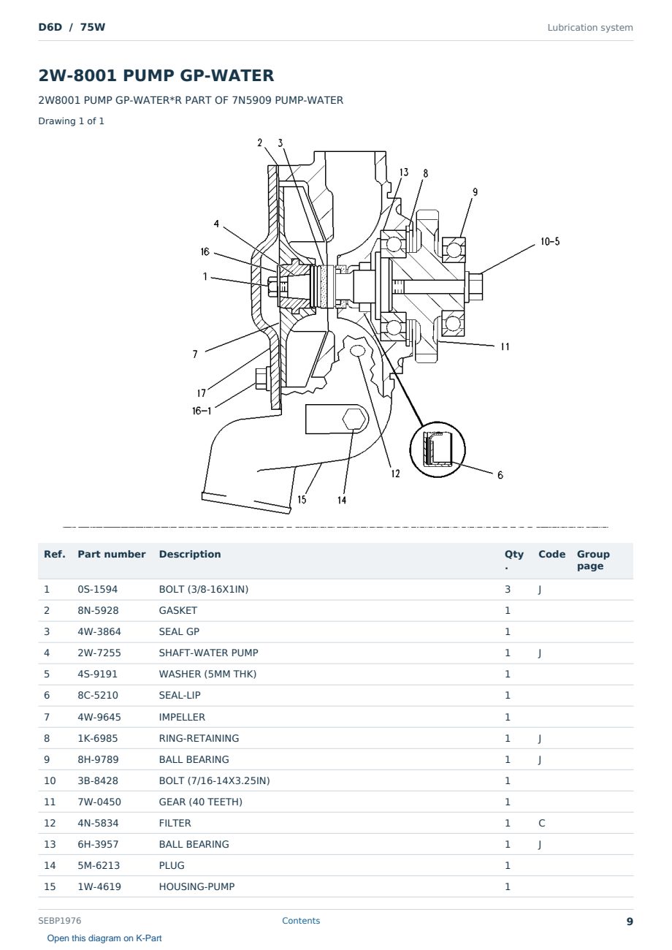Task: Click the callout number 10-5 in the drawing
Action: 550,241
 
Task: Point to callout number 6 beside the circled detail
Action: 500,475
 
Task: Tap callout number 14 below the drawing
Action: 342,500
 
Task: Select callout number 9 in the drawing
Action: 475,192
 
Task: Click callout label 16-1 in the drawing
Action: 202,411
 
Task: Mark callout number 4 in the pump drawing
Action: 216,224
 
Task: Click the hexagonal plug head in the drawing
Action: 354,419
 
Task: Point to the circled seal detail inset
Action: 437,449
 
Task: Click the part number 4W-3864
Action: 99,631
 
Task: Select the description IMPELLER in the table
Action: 182,717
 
